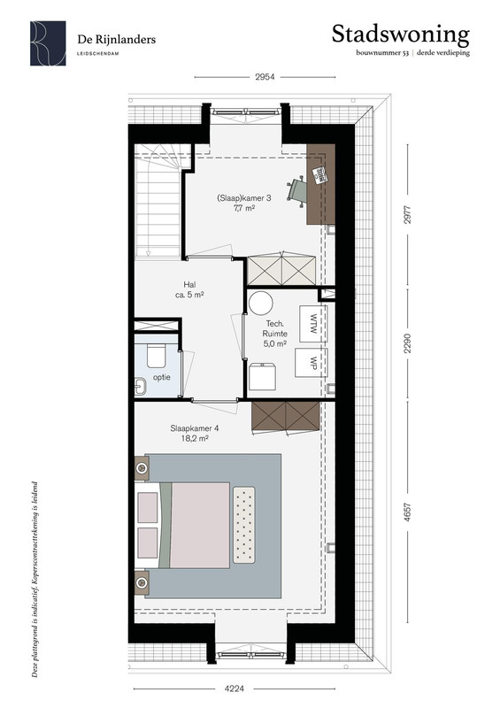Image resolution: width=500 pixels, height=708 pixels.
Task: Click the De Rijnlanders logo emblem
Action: tap(48, 43)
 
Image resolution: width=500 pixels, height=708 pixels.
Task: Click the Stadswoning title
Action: tap(401, 35)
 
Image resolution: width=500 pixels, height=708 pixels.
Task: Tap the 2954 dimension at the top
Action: tap(265, 77)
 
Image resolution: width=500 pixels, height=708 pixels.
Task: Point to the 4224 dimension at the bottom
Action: tap(235, 689)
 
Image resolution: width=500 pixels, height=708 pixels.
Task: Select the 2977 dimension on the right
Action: tap(407, 215)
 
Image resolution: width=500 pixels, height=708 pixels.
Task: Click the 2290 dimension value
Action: tap(407, 343)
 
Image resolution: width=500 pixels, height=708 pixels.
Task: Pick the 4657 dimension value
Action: tap(407, 512)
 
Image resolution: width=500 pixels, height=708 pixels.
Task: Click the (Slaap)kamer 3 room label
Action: tap(244, 203)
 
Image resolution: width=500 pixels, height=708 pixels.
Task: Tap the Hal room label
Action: tap(189, 289)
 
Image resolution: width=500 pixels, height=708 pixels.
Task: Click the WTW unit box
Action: tap(312, 324)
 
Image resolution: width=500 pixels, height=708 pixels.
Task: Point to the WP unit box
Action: tap(312, 362)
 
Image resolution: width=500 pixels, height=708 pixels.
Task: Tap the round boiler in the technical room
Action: tap(261, 303)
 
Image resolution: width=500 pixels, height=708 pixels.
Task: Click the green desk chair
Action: tap(296, 190)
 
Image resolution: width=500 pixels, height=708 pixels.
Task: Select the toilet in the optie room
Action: tap(157, 357)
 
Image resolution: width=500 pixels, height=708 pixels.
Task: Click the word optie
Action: tap(161, 377)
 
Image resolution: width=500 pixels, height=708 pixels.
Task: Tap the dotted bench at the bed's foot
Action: tap(244, 525)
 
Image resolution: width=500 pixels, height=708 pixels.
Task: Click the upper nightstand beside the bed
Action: tap(142, 468)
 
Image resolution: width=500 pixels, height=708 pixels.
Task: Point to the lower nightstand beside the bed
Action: tap(142, 582)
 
